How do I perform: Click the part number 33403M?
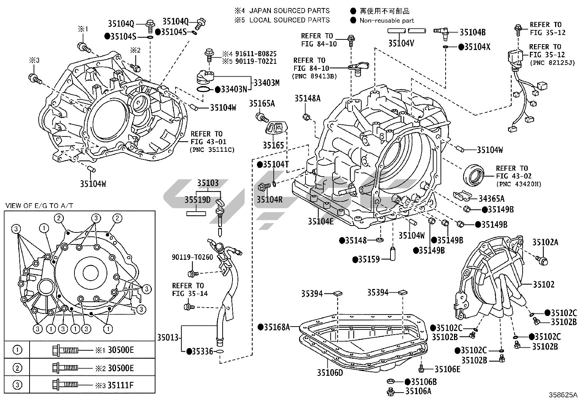click(266, 83)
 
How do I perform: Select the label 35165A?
click(262, 104)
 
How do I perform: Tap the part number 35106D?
click(330, 373)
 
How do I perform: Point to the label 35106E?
click(447, 369)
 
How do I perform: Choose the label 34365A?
click(492, 198)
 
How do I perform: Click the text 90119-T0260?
click(192, 257)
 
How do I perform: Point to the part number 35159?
click(369, 259)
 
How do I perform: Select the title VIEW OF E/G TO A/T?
click(39, 206)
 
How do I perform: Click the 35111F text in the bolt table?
click(121, 385)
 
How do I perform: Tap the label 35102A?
click(545, 242)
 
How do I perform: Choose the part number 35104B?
click(473, 32)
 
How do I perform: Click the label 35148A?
click(308, 98)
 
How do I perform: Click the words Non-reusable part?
click(387, 20)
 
